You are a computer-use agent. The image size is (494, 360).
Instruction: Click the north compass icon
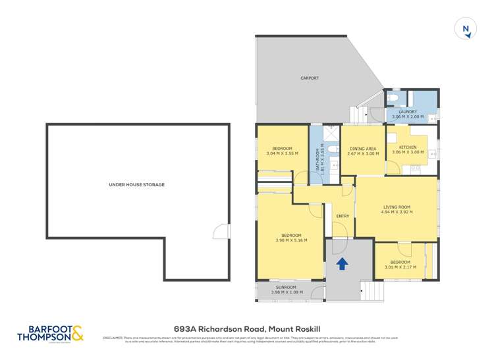(x=466, y=29)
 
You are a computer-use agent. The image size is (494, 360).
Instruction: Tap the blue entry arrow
(x=342, y=264)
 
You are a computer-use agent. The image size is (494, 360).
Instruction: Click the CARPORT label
(x=310, y=78)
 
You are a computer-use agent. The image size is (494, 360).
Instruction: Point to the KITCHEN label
(x=407, y=147)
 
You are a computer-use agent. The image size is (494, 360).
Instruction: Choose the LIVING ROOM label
(x=397, y=208)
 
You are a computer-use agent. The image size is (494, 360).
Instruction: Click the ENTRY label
(x=342, y=217)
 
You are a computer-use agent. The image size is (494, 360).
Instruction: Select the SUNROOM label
(x=286, y=288)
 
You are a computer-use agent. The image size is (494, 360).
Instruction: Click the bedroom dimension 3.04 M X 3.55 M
(x=282, y=153)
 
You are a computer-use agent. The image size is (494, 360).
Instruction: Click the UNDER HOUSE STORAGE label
(x=137, y=185)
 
